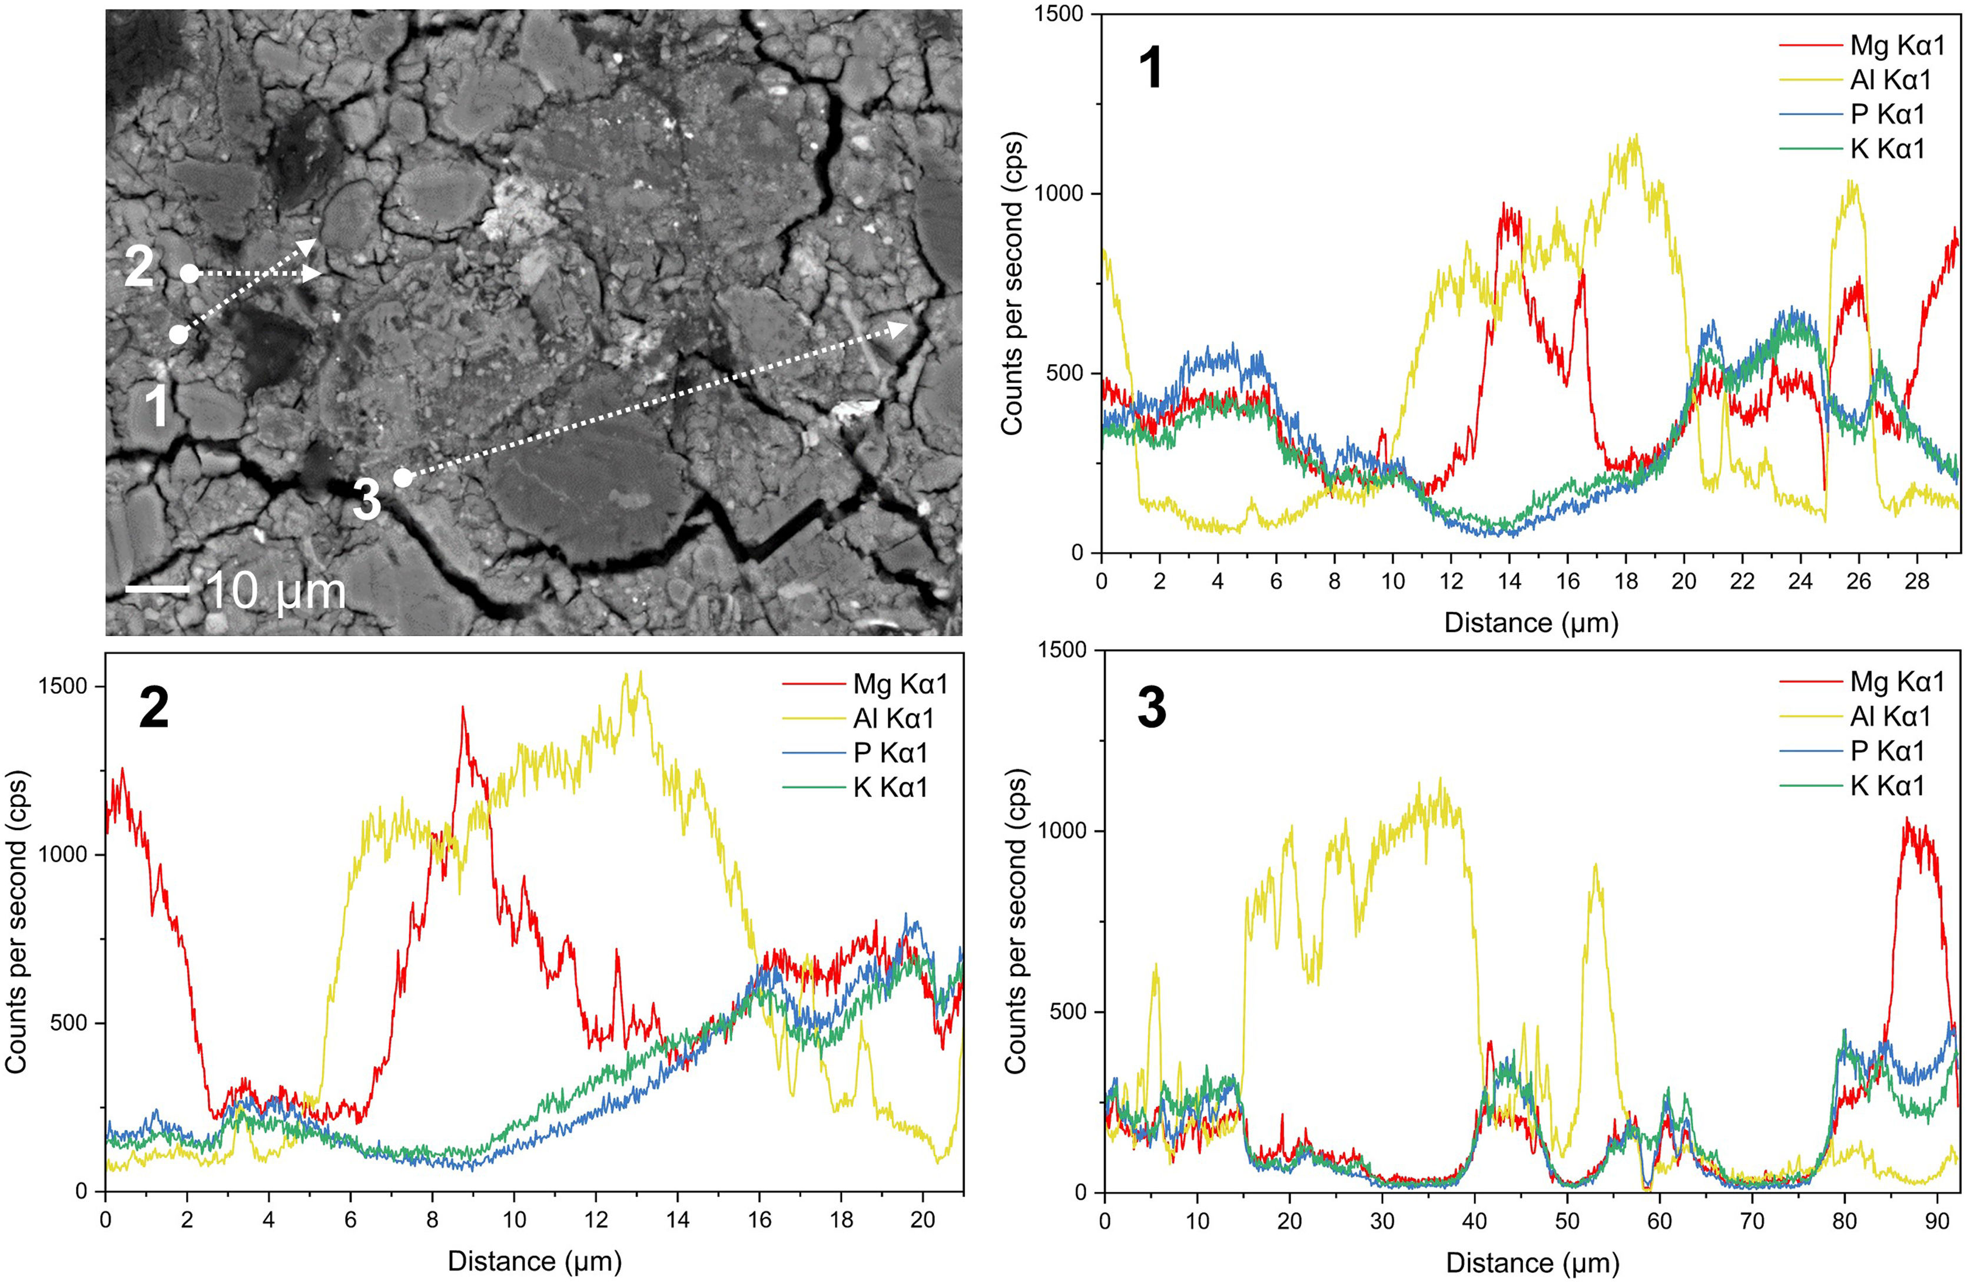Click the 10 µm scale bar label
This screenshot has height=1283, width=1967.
click(x=275, y=592)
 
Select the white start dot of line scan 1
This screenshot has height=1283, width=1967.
click(x=178, y=335)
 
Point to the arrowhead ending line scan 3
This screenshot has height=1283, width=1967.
click(x=899, y=328)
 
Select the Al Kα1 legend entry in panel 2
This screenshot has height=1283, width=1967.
click(x=893, y=719)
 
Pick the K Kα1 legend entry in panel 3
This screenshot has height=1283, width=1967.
click(x=1888, y=785)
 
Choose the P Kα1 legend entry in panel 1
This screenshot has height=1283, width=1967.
click(x=1888, y=114)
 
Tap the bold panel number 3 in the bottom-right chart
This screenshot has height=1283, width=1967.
click(x=1151, y=709)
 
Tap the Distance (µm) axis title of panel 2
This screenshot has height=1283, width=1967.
click(x=534, y=1262)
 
